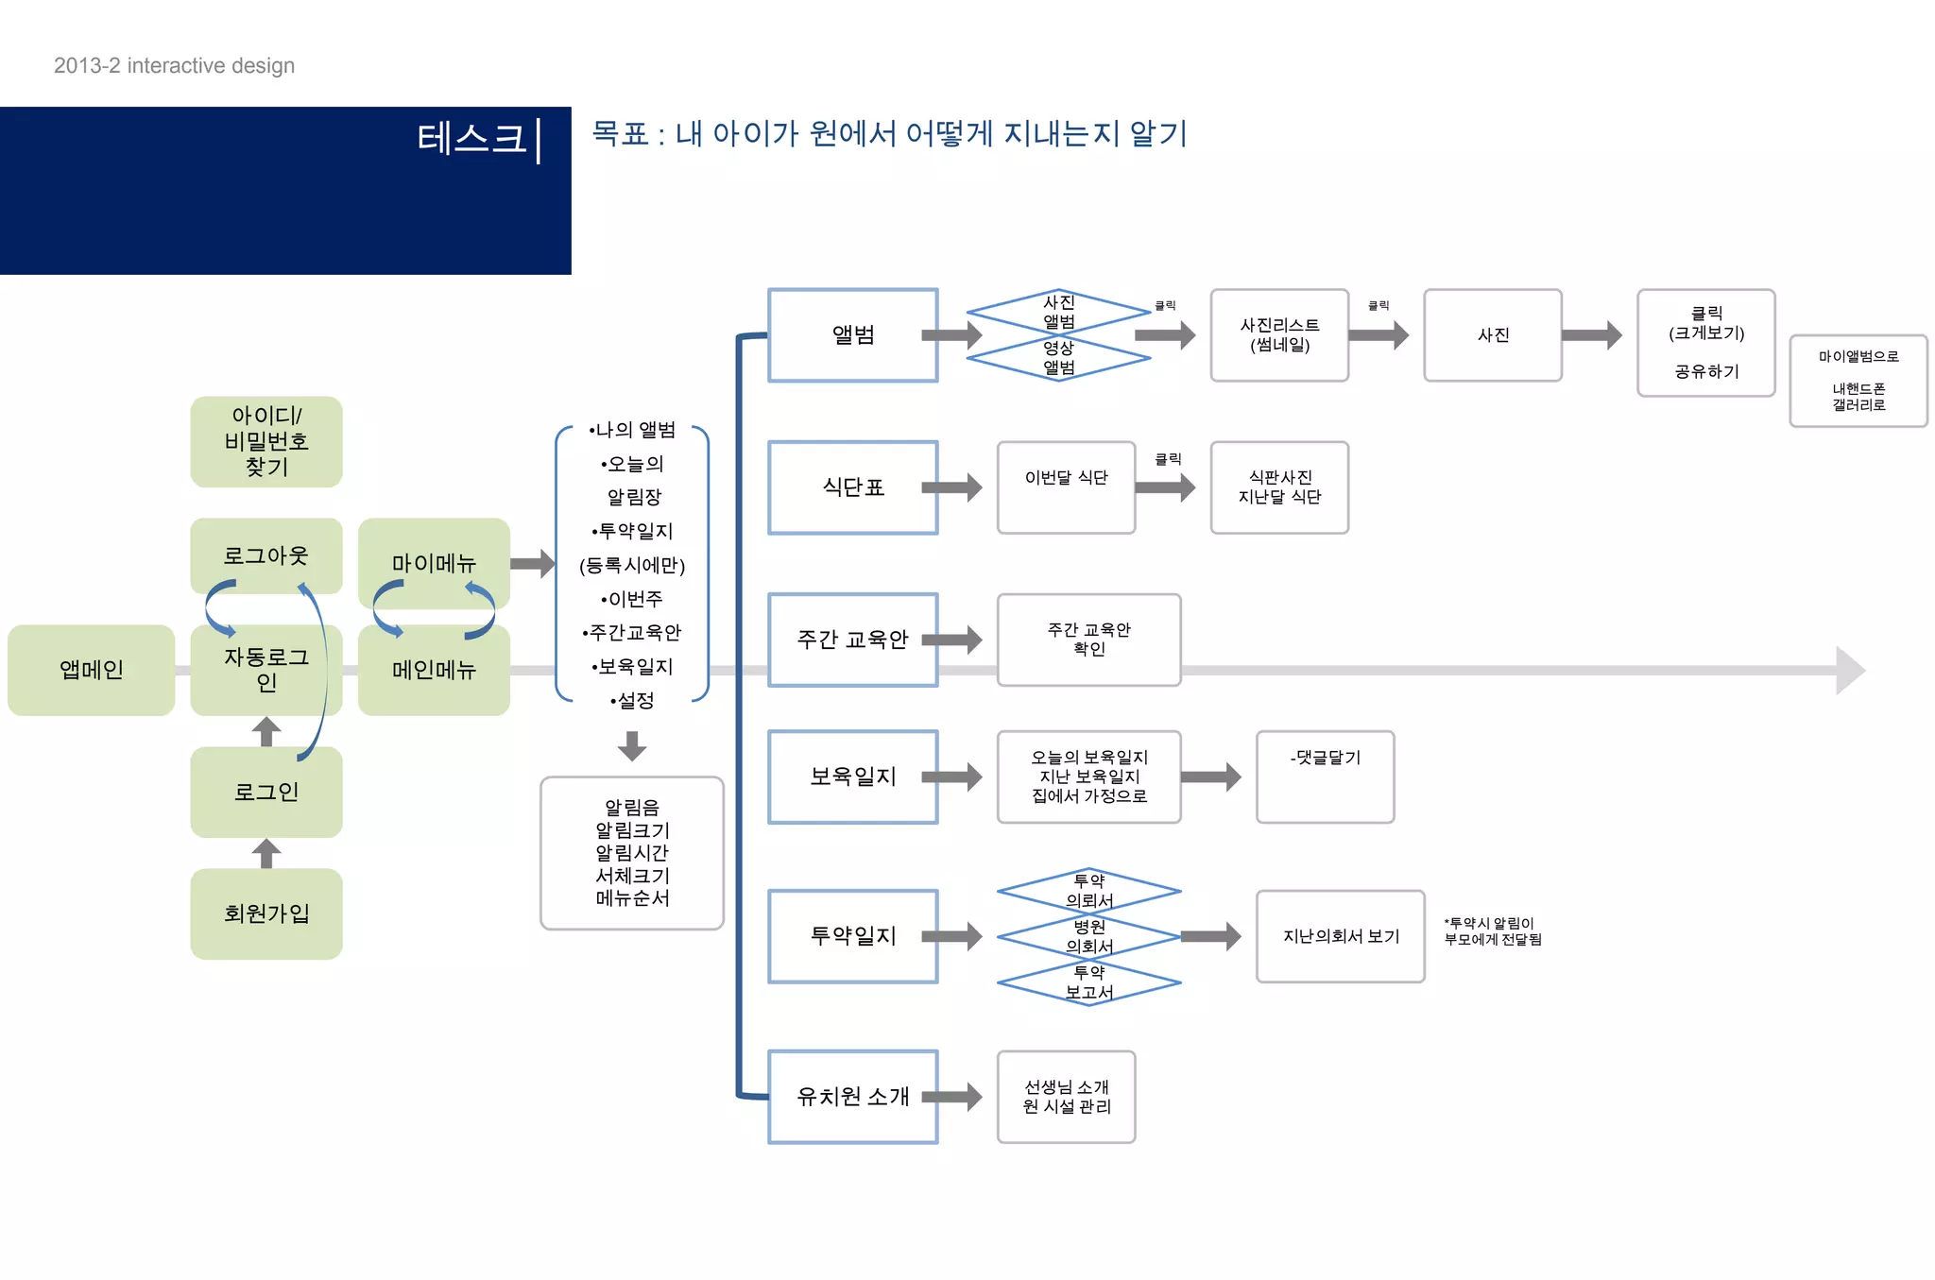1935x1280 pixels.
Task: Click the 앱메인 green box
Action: click(x=91, y=670)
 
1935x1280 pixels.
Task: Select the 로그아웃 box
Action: click(x=265, y=555)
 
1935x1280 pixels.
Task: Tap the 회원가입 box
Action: click(x=265, y=913)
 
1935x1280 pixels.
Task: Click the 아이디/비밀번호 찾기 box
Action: click(x=265, y=441)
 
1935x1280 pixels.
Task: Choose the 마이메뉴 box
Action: click(x=434, y=563)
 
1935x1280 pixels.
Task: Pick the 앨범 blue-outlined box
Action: click(x=852, y=334)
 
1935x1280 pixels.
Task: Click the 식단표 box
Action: click(x=852, y=487)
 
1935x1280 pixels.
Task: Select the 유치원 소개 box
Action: click(x=852, y=1097)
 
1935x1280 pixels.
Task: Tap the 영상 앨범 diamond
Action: click(x=1058, y=358)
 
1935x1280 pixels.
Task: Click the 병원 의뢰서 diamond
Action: click(x=1088, y=936)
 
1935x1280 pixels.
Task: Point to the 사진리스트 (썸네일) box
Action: click(x=1279, y=334)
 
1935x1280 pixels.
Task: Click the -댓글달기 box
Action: click(x=1325, y=777)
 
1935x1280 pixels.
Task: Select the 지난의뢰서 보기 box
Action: click(x=1340, y=936)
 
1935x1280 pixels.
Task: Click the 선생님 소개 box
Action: click(x=1066, y=1097)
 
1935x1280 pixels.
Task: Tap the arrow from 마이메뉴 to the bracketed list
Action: click(x=533, y=564)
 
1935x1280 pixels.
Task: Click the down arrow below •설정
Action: click(x=632, y=745)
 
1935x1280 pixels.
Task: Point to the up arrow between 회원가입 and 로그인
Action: click(x=266, y=853)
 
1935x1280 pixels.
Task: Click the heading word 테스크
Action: click(x=471, y=139)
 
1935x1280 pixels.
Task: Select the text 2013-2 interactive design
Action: click(x=174, y=65)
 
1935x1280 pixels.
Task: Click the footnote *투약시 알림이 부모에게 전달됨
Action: click(x=1492, y=931)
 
